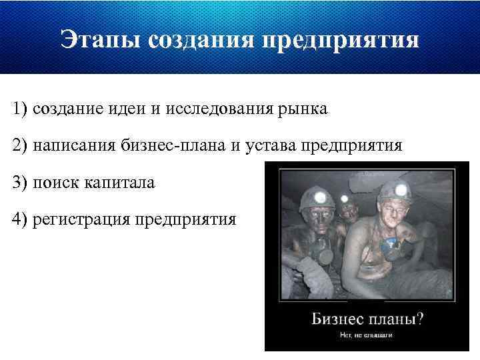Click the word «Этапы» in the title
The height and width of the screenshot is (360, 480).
tap(99, 39)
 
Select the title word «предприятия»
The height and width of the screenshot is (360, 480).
tap(341, 39)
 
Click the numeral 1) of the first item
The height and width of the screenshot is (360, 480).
tap(19, 109)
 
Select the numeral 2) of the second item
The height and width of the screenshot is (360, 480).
tap(19, 145)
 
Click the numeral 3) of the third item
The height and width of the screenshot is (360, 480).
tap(19, 181)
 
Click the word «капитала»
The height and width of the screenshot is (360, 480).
tap(119, 181)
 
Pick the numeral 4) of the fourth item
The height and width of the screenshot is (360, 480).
tap(19, 218)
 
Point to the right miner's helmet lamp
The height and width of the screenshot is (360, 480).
tap(401, 190)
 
